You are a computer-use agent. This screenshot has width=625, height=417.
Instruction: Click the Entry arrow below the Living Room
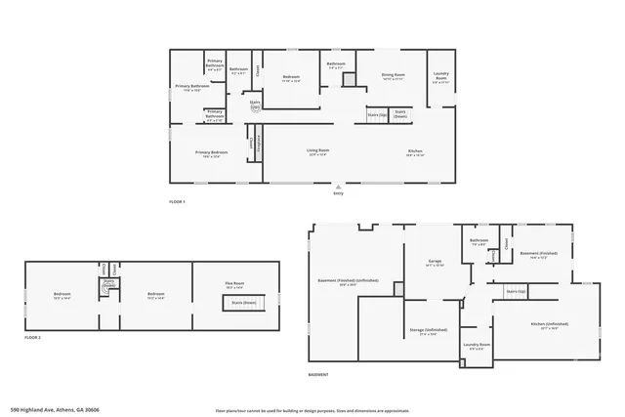(x=338, y=186)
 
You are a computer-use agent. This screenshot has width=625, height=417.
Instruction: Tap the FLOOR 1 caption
(x=177, y=202)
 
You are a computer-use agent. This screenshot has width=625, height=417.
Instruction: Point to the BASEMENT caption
(x=317, y=375)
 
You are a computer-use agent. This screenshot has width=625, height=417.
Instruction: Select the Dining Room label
(x=393, y=75)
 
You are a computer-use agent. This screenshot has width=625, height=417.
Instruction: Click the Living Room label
(x=318, y=151)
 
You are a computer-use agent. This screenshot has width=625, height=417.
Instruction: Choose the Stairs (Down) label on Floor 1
(x=400, y=112)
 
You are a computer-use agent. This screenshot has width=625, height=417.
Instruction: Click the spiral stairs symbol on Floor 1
(x=256, y=109)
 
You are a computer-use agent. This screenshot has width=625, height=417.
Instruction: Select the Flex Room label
(x=234, y=285)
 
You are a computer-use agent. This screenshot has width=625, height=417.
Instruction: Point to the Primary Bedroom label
(x=211, y=152)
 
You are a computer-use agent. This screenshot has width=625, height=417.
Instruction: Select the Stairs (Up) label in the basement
(x=515, y=291)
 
